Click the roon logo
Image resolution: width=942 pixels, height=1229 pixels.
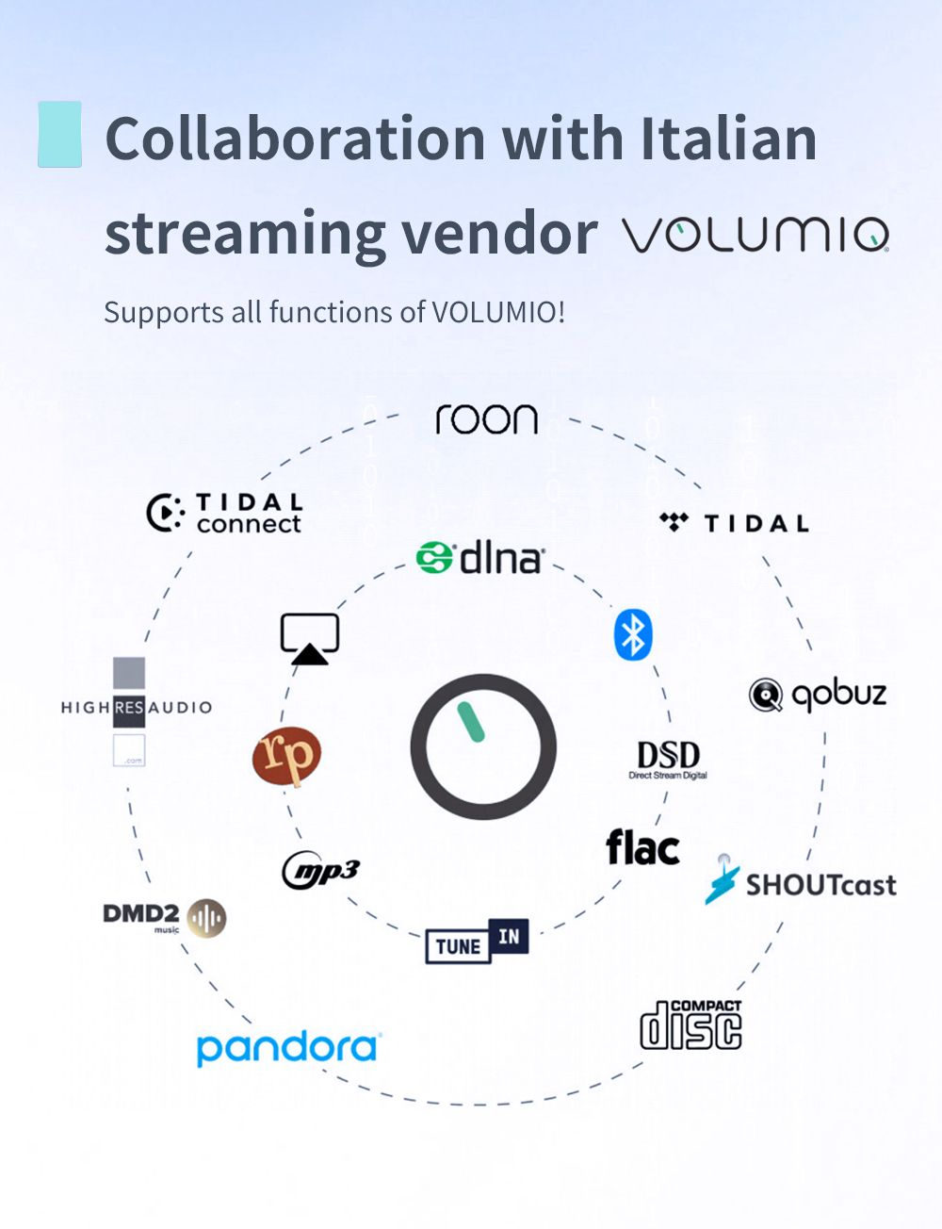tap(486, 419)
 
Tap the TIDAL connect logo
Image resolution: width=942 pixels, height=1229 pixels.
tap(225, 514)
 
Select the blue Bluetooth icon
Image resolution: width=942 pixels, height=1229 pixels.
tap(633, 634)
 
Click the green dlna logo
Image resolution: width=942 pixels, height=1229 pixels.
tap(480, 558)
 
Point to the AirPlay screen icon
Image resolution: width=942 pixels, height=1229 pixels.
tap(310, 638)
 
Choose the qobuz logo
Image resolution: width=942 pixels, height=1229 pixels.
tap(818, 696)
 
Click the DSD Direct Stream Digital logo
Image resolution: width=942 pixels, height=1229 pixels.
tap(668, 760)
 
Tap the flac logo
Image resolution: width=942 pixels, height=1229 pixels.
tap(642, 847)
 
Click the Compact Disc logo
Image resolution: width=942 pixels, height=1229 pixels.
tap(690, 1024)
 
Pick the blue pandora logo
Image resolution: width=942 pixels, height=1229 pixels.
tap(287, 1048)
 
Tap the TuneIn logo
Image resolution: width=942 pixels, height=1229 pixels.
tap(477, 941)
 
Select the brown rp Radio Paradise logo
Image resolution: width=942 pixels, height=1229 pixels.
tap(286, 756)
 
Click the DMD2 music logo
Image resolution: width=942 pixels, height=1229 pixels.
tap(164, 917)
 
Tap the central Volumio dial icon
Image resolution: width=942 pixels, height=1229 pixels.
tap(483, 746)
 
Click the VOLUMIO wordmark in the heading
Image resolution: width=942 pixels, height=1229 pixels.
tap(755, 235)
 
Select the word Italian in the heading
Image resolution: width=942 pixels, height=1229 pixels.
tap(728, 139)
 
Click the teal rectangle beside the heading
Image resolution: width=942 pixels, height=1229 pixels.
tap(59, 134)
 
